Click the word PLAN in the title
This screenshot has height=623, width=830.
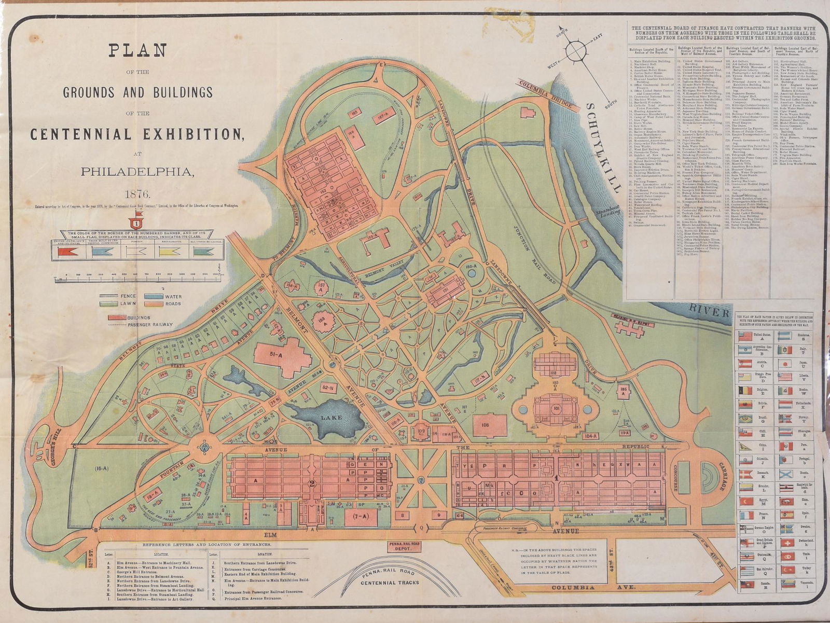click(x=137, y=51)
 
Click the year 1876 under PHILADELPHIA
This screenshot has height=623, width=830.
click(x=137, y=196)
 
